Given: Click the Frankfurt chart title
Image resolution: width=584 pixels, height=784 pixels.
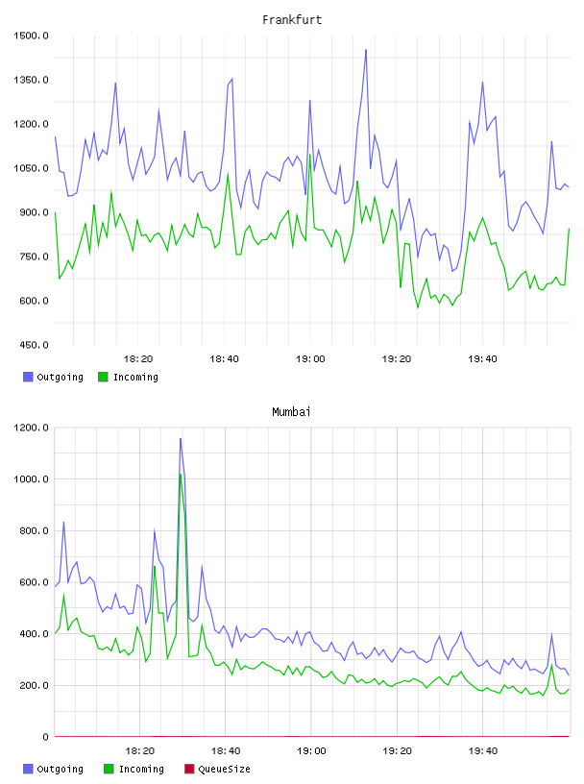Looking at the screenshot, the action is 292,20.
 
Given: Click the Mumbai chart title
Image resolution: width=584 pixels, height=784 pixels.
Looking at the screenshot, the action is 291,412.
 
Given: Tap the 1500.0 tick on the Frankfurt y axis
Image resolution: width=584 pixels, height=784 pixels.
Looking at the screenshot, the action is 31,36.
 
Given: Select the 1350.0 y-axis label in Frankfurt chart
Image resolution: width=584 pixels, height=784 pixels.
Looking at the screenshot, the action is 31,80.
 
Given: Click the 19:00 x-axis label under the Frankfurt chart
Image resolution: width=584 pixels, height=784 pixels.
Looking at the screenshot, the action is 310,359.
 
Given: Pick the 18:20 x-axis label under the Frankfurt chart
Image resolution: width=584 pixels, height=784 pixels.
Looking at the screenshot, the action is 138,359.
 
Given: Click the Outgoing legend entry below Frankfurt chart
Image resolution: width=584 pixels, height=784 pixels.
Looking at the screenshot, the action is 54,377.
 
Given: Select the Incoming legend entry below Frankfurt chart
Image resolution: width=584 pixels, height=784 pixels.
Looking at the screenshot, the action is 129,377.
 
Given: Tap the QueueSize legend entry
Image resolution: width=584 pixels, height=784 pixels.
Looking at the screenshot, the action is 217,769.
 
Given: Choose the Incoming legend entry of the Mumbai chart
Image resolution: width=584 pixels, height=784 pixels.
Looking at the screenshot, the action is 134,769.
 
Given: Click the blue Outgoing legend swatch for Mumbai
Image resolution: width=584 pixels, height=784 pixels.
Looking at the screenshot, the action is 28,769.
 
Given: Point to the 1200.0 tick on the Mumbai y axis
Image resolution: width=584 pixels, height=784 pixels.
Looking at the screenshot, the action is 31,428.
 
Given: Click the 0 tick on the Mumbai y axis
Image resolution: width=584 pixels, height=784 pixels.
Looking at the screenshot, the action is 45,737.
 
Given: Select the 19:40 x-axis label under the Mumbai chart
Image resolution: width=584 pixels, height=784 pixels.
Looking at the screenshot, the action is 483,751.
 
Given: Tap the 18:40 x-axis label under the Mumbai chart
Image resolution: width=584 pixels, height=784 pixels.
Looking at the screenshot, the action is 226,751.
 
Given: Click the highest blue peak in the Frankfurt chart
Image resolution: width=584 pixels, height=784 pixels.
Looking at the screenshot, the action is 366,50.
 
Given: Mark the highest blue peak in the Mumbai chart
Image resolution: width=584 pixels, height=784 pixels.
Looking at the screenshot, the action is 181,438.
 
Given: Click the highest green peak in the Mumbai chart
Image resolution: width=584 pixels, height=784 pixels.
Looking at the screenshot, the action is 181,474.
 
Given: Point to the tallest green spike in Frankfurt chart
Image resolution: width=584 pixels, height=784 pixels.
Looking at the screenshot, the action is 310,155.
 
